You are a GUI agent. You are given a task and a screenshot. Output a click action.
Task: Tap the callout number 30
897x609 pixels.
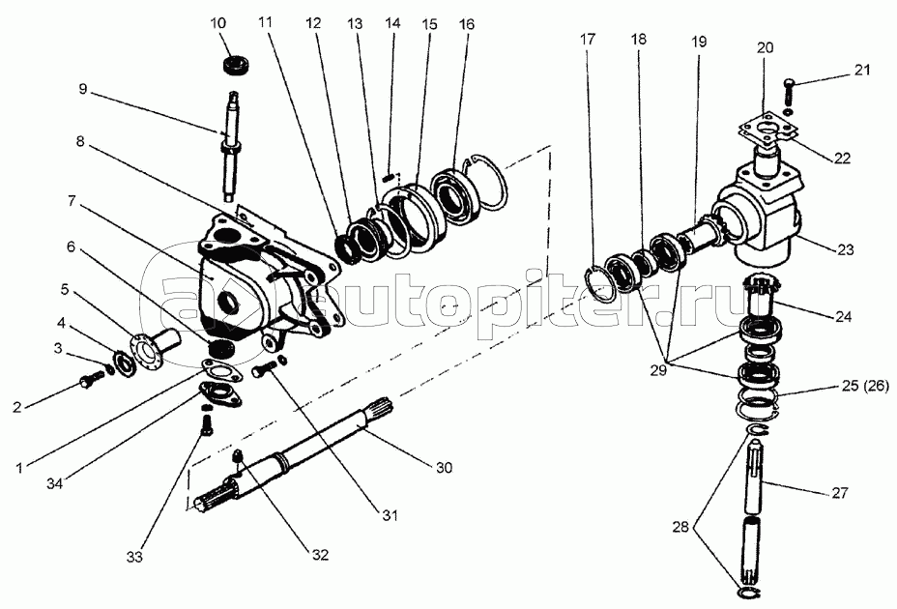click(445, 467)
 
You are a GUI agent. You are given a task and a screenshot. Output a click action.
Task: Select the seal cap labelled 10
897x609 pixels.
click(232, 66)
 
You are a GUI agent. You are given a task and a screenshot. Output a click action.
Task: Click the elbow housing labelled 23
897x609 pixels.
click(764, 217)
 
